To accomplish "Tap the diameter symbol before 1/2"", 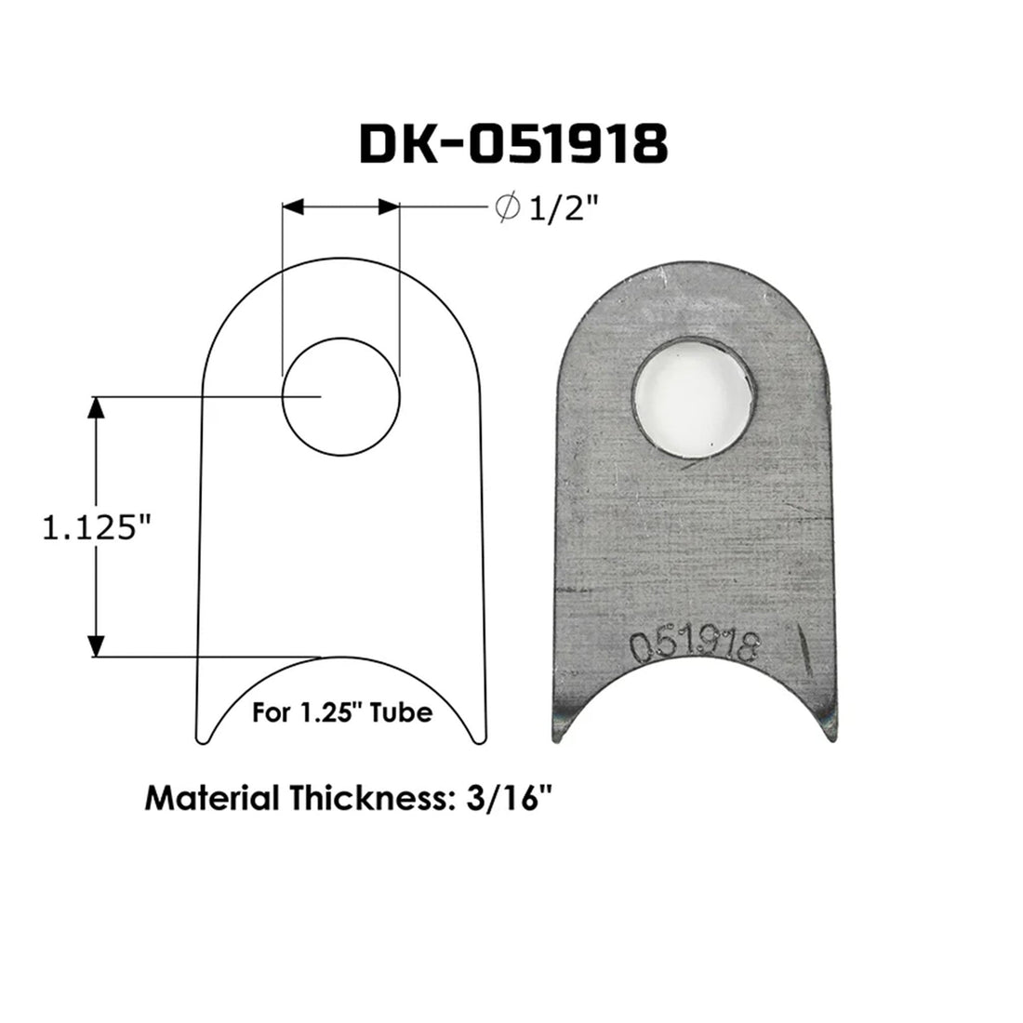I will click(509, 211).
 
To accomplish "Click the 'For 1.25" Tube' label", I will click(343, 713).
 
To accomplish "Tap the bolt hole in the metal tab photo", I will click(696, 392).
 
